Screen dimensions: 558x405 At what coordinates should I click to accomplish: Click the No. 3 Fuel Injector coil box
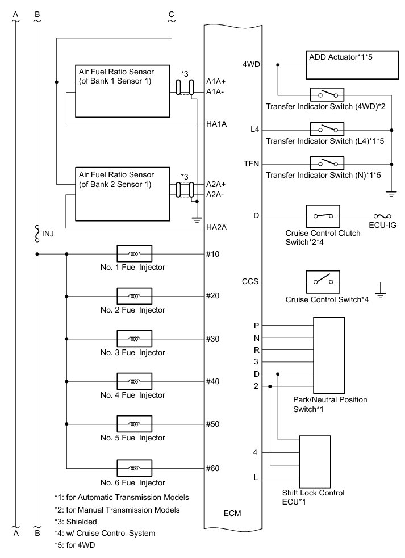tap(134, 339)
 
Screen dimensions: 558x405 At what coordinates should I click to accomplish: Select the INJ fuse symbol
tap(37, 233)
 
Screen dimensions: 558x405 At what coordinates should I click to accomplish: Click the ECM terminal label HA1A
tap(217, 124)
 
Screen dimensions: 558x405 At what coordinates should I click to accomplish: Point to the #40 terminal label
tap(213, 381)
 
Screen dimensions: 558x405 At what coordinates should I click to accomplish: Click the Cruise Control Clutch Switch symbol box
tap(323, 216)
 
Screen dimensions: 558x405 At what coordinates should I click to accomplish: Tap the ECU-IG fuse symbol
tap(380, 216)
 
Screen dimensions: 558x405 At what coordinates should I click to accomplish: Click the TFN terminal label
tap(251, 164)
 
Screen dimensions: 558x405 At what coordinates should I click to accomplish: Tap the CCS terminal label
tap(250, 281)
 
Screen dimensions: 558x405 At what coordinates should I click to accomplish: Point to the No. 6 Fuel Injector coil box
tap(134, 469)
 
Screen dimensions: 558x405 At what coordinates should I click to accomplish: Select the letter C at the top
tap(171, 14)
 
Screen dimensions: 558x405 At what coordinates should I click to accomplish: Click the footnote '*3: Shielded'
tap(76, 522)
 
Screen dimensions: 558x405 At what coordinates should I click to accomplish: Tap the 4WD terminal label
tap(251, 65)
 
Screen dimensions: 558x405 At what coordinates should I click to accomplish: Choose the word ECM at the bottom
tap(232, 514)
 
